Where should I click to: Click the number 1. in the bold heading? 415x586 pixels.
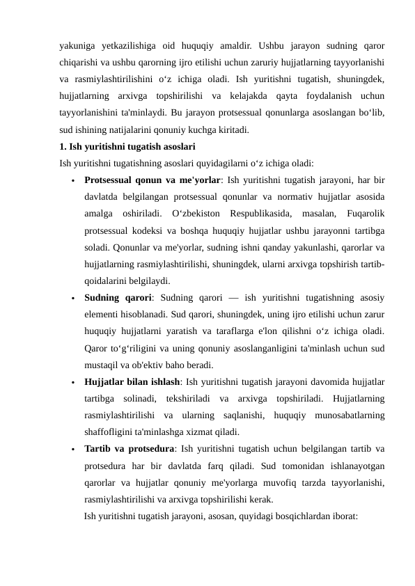[63, 147]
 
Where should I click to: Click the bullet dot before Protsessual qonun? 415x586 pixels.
[73, 181]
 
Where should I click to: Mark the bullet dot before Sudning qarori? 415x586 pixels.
[73, 299]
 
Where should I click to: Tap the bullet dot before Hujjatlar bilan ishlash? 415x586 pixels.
[73, 382]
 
